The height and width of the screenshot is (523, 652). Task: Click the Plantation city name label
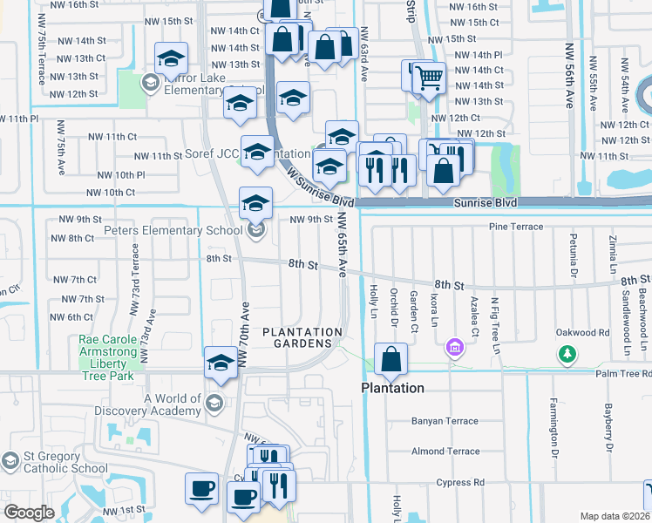click(x=393, y=388)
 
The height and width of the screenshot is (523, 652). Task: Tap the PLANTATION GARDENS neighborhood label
click(x=302, y=337)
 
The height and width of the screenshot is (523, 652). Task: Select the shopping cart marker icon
click(x=428, y=78)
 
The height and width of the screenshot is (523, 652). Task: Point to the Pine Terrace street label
click(x=517, y=228)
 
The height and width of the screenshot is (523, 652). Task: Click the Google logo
click(x=29, y=512)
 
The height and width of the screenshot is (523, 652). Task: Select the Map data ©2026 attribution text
click(x=615, y=516)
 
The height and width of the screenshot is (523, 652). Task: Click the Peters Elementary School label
click(x=173, y=231)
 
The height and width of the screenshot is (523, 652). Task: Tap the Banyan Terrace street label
click(x=445, y=421)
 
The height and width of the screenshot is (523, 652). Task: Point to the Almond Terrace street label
click(x=445, y=452)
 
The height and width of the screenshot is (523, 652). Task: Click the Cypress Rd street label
click(x=461, y=482)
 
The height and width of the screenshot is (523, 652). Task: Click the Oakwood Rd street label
click(x=583, y=332)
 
